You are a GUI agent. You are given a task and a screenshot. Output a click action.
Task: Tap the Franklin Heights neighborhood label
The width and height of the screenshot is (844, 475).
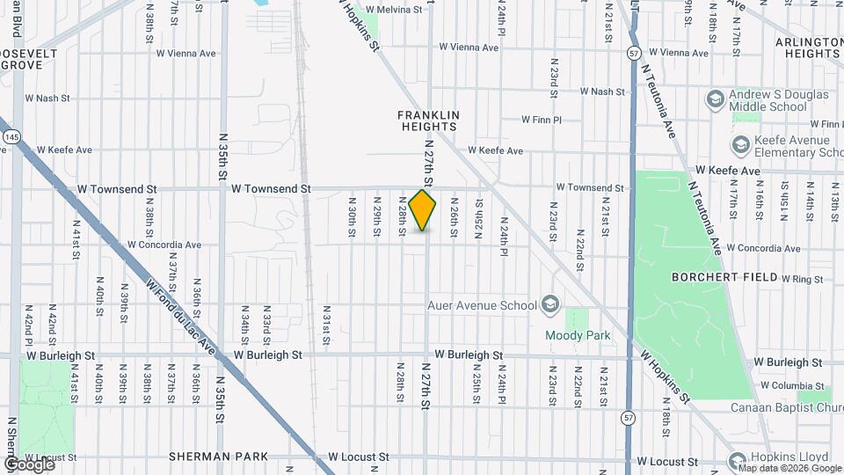pos(428,121)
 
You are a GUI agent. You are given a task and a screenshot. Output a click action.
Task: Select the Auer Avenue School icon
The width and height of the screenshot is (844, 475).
pos(550,304)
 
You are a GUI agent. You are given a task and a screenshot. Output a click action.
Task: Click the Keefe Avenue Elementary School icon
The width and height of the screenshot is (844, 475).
pos(741,143)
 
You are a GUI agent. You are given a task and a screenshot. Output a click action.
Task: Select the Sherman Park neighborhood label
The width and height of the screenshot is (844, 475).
pos(219,457)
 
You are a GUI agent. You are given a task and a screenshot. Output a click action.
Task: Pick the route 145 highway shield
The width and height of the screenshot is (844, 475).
pos(11,137)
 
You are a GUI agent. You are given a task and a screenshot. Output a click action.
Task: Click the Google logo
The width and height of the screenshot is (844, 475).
pos(28,464)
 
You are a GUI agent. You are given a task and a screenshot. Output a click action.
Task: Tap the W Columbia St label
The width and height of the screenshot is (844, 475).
pos(789,385)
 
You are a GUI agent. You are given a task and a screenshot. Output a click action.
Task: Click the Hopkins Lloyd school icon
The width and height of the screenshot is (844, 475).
pos(737,459)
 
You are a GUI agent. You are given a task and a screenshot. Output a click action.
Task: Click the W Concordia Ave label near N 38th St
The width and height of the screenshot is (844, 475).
pos(164,245)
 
